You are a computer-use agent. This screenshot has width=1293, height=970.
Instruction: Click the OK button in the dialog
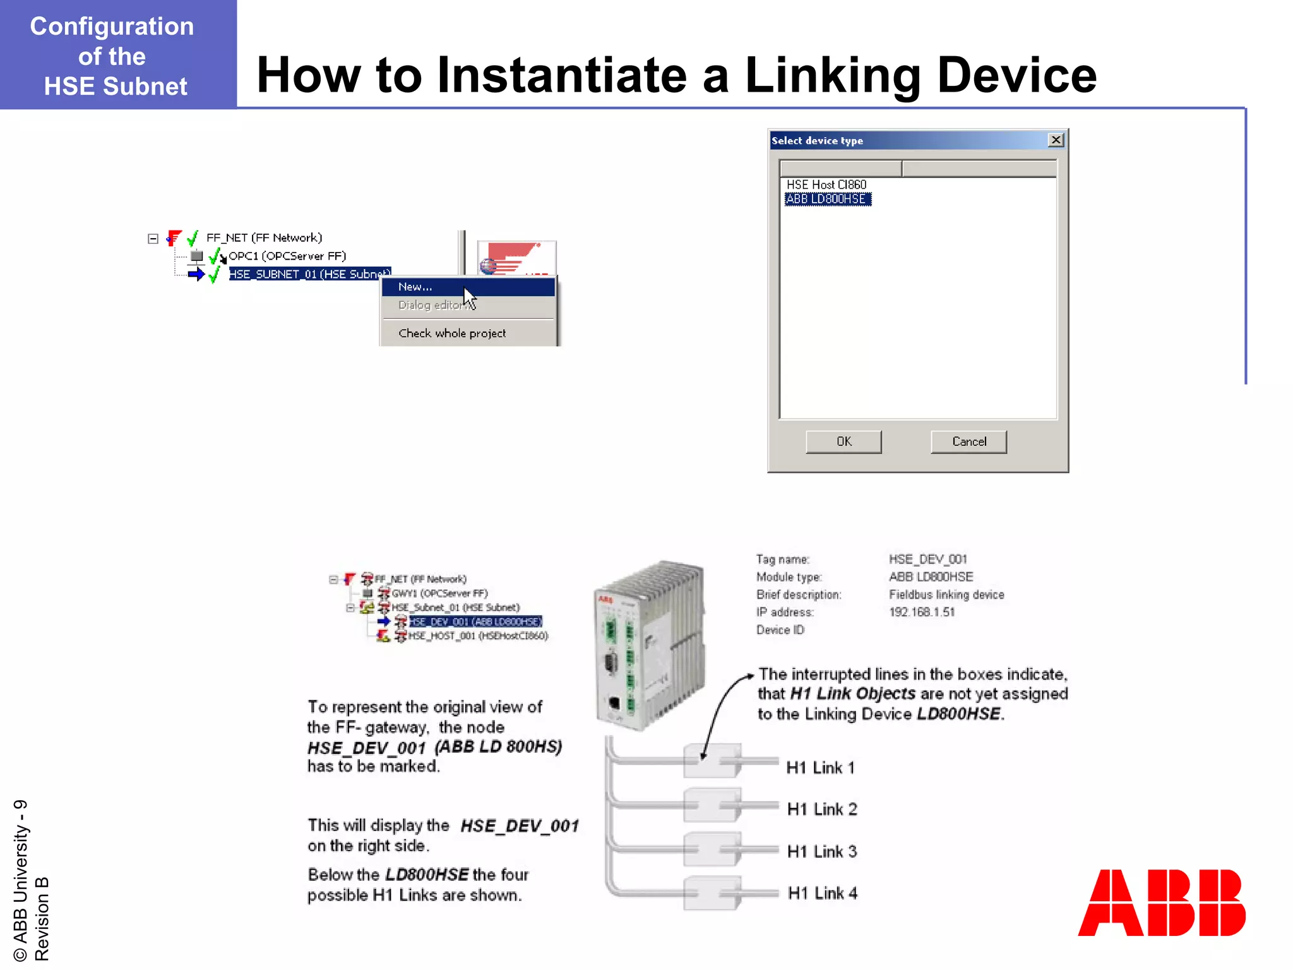[843, 441]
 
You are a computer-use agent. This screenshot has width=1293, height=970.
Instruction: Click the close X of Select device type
[1055, 140]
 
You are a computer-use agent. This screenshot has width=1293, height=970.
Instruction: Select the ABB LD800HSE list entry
[826, 199]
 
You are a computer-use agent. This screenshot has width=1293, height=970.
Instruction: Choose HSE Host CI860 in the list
[826, 184]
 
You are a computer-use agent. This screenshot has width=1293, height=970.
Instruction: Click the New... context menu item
[415, 287]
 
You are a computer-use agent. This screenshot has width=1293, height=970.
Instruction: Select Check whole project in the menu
[452, 333]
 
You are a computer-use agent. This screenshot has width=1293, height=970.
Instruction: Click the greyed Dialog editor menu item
[431, 305]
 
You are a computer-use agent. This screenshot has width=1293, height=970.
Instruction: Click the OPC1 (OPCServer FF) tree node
[287, 256]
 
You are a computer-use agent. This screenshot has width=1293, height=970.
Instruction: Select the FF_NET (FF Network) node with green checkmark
[264, 237]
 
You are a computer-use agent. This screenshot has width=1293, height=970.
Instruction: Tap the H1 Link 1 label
[820, 767]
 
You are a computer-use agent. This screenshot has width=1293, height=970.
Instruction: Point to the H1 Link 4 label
[822, 893]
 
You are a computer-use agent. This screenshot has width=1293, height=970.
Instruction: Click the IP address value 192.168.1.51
[922, 612]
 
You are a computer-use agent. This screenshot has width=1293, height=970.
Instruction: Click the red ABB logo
[1162, 902]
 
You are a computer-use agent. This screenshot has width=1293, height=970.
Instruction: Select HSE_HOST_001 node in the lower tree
[477, 636]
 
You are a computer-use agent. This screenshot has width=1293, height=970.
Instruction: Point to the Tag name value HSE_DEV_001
[927, 560]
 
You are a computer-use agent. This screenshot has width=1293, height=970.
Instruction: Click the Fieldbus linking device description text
[946, 595]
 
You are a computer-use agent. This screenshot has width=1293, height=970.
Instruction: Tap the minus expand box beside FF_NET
[153, 239]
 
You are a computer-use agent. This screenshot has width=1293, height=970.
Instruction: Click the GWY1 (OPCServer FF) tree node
[439, 594]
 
